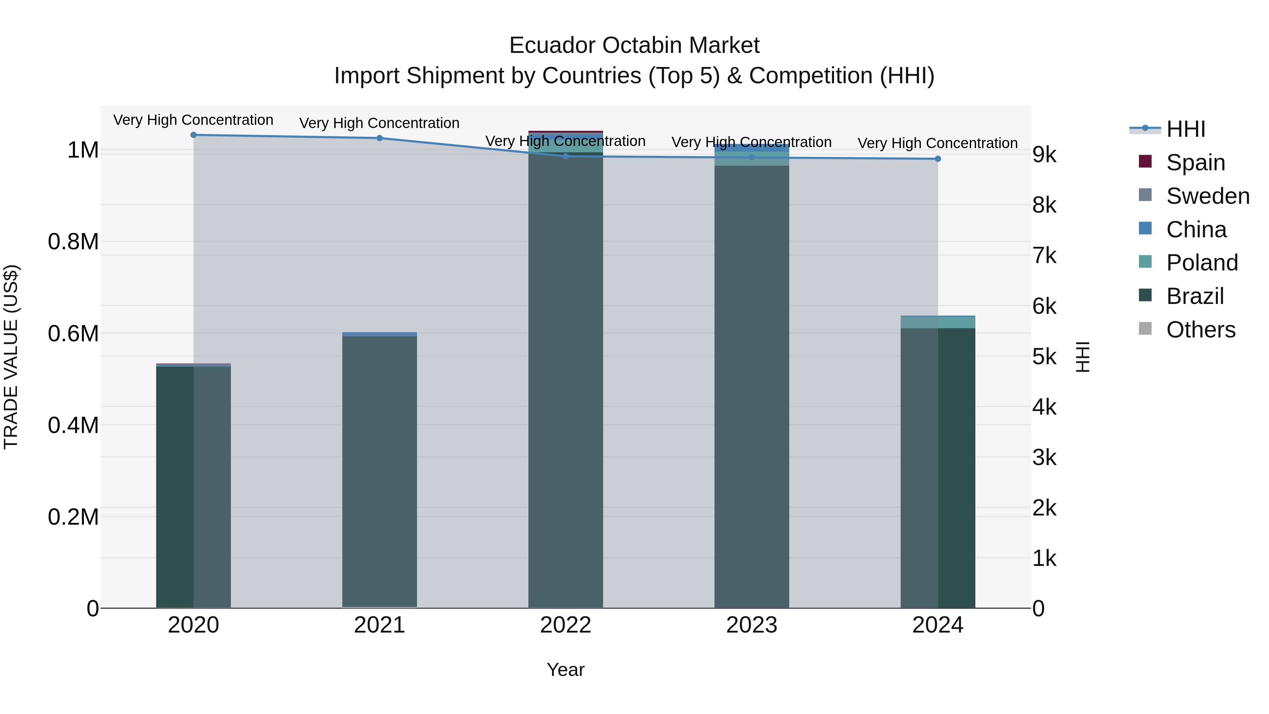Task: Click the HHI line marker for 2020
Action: (x=194, y=135)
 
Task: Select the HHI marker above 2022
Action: (x=565, y=156)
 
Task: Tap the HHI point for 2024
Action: (x=937, y=159)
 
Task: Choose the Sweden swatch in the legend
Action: (x=1145, y=195)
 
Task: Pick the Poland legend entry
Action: (x=1202, y=263)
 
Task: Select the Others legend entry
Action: (x=1201, y=330)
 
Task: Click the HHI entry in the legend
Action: (x=1186, y=129)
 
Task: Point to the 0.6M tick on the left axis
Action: (x=73, y=334)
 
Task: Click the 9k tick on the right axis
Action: (x=1044, y=155)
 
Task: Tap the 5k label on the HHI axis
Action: (x=1044, y=357)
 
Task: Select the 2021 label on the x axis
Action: (x=379, y=625)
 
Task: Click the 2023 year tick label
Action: (x=751, y=625)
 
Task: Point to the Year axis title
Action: (x=565, y=670)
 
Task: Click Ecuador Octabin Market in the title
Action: (x=634, y=45)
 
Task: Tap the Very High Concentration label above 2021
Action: (x=379, y=123)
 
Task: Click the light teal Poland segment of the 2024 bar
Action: (x=937, y=322)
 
